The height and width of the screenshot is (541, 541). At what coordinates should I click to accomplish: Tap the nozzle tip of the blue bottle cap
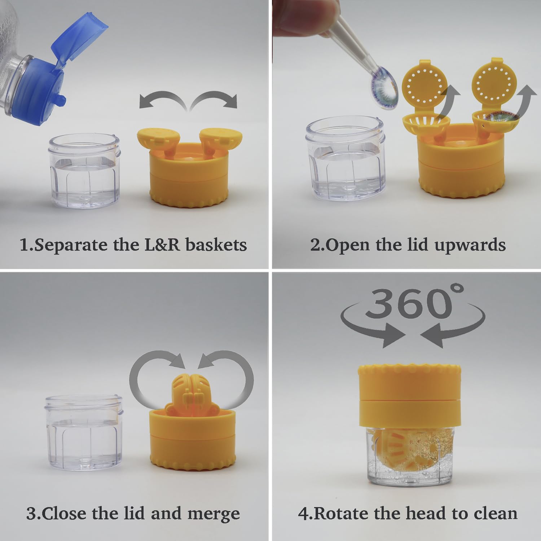coord(61,100)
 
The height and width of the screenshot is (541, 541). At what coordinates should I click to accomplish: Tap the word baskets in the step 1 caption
coord(216,245)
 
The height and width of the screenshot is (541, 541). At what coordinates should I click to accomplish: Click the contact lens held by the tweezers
coord(384,88)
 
